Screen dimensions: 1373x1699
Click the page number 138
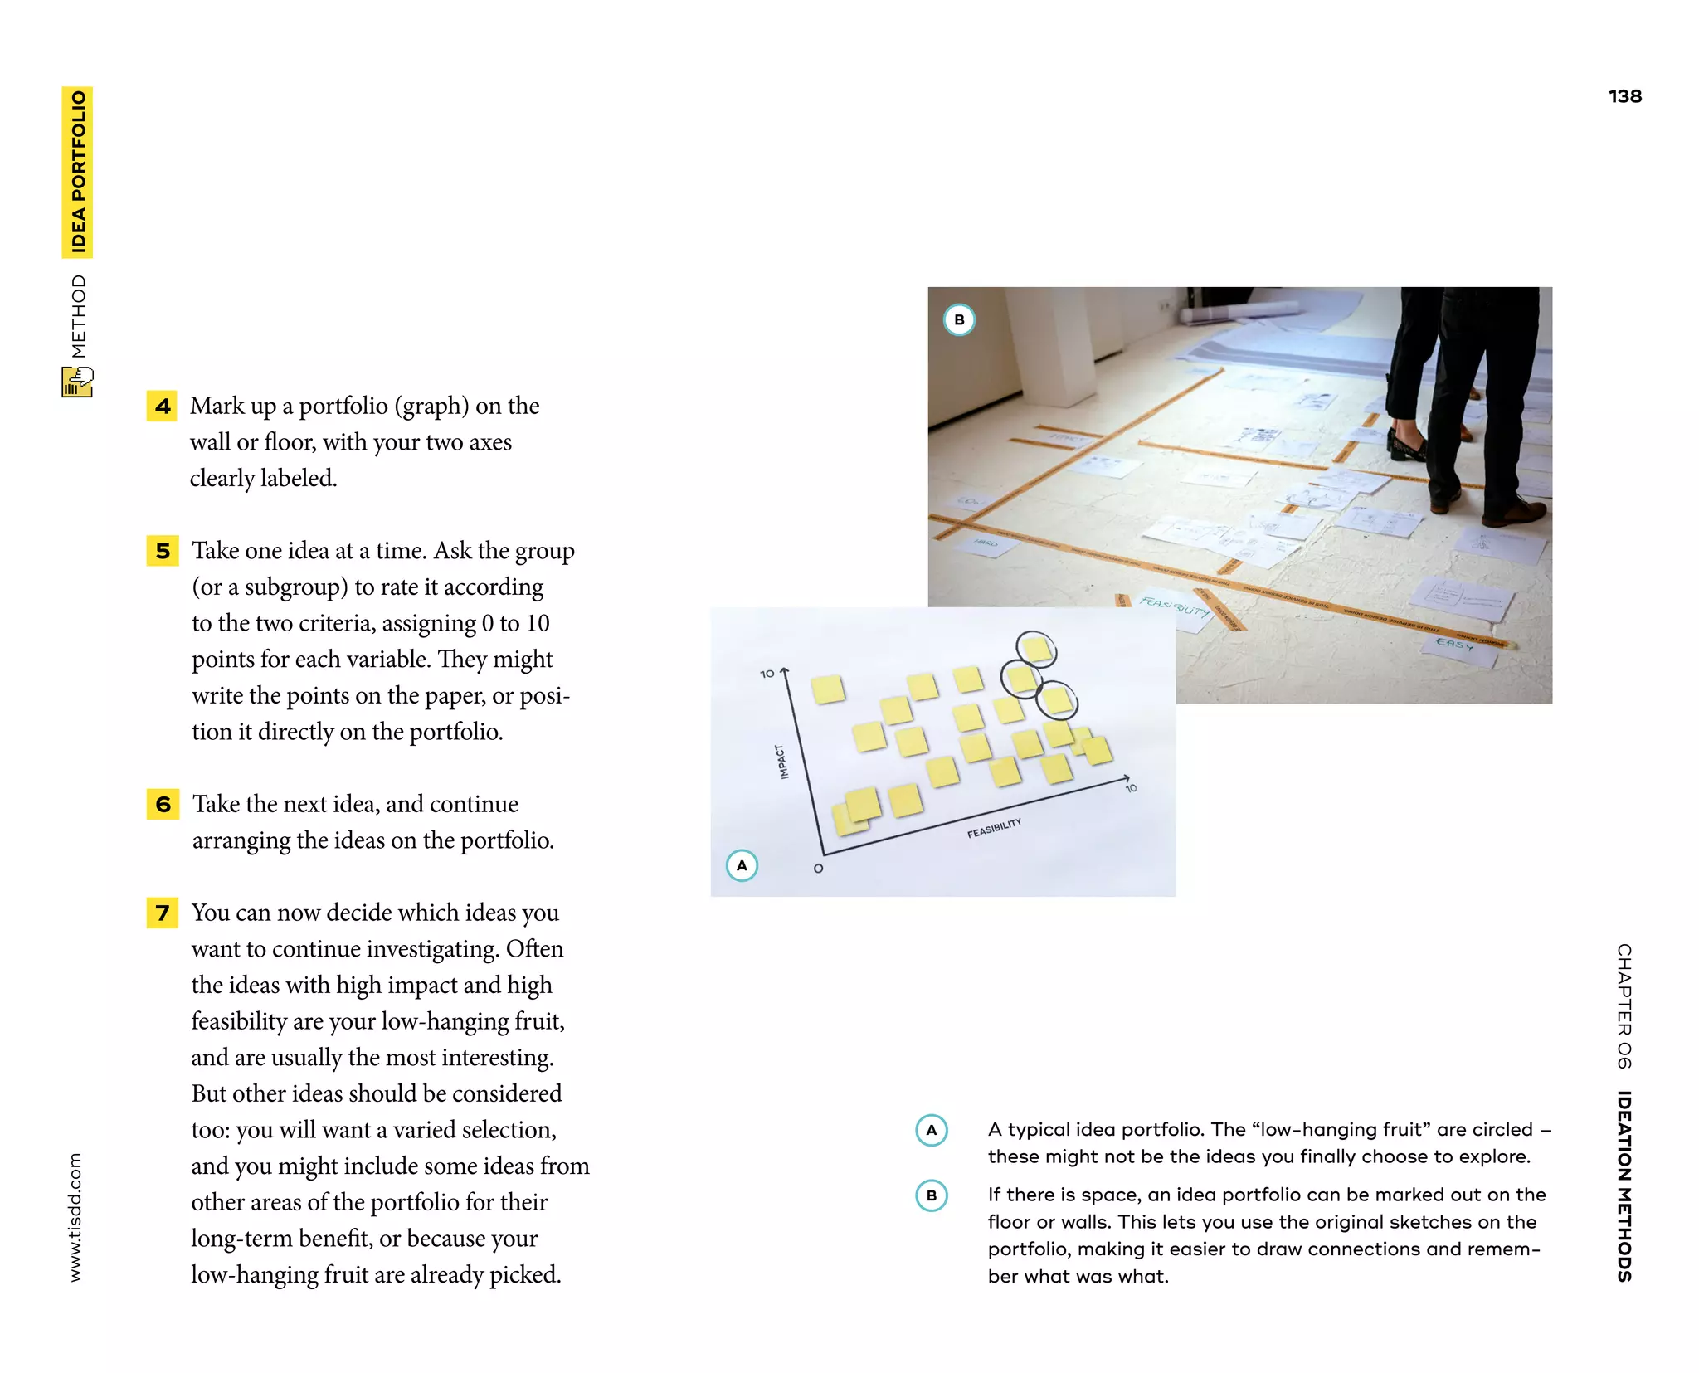1624,96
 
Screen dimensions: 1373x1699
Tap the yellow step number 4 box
162,407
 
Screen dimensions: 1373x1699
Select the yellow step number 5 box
163,551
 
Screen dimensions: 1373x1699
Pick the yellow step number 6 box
163,804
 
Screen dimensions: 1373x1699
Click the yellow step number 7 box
163,913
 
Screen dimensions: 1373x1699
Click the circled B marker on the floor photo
959,319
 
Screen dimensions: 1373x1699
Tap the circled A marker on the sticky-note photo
742,865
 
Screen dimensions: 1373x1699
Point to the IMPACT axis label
781,762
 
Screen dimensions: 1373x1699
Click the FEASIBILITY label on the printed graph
994,828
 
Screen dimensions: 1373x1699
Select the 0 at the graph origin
818,869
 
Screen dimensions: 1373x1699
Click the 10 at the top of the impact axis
767,674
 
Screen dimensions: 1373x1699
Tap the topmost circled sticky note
1036,649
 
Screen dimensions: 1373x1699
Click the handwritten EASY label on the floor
1454,644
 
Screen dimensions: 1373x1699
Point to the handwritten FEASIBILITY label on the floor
1174,606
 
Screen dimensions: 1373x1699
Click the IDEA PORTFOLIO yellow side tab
78,172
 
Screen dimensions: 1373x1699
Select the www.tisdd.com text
75,1216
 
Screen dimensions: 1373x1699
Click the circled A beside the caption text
932,1130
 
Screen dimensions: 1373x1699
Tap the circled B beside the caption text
932,1195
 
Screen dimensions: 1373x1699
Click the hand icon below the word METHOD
78,382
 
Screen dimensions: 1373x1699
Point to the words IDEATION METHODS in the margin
1624,1186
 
